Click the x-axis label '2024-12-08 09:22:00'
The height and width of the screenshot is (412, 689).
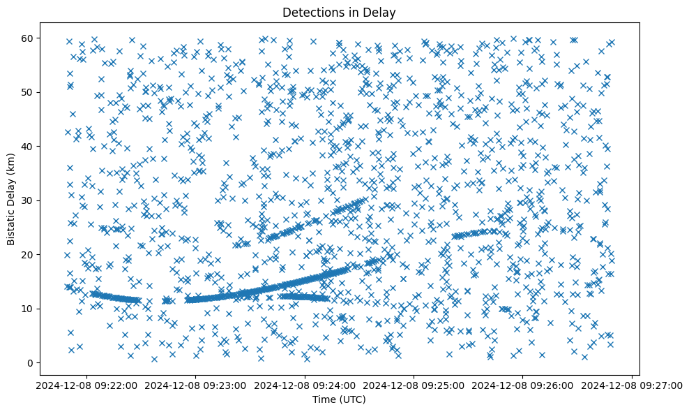tap(86, 385)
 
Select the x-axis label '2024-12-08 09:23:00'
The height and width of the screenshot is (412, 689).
tap(195, 385)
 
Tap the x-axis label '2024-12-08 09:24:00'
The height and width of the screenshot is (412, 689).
tap(305, 385)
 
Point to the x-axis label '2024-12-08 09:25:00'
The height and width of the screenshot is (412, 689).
tap(414, 385)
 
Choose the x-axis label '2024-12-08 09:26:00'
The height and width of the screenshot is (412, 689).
tap(524, 385)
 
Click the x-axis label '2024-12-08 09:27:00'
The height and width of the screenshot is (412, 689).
tap(633, 385)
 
